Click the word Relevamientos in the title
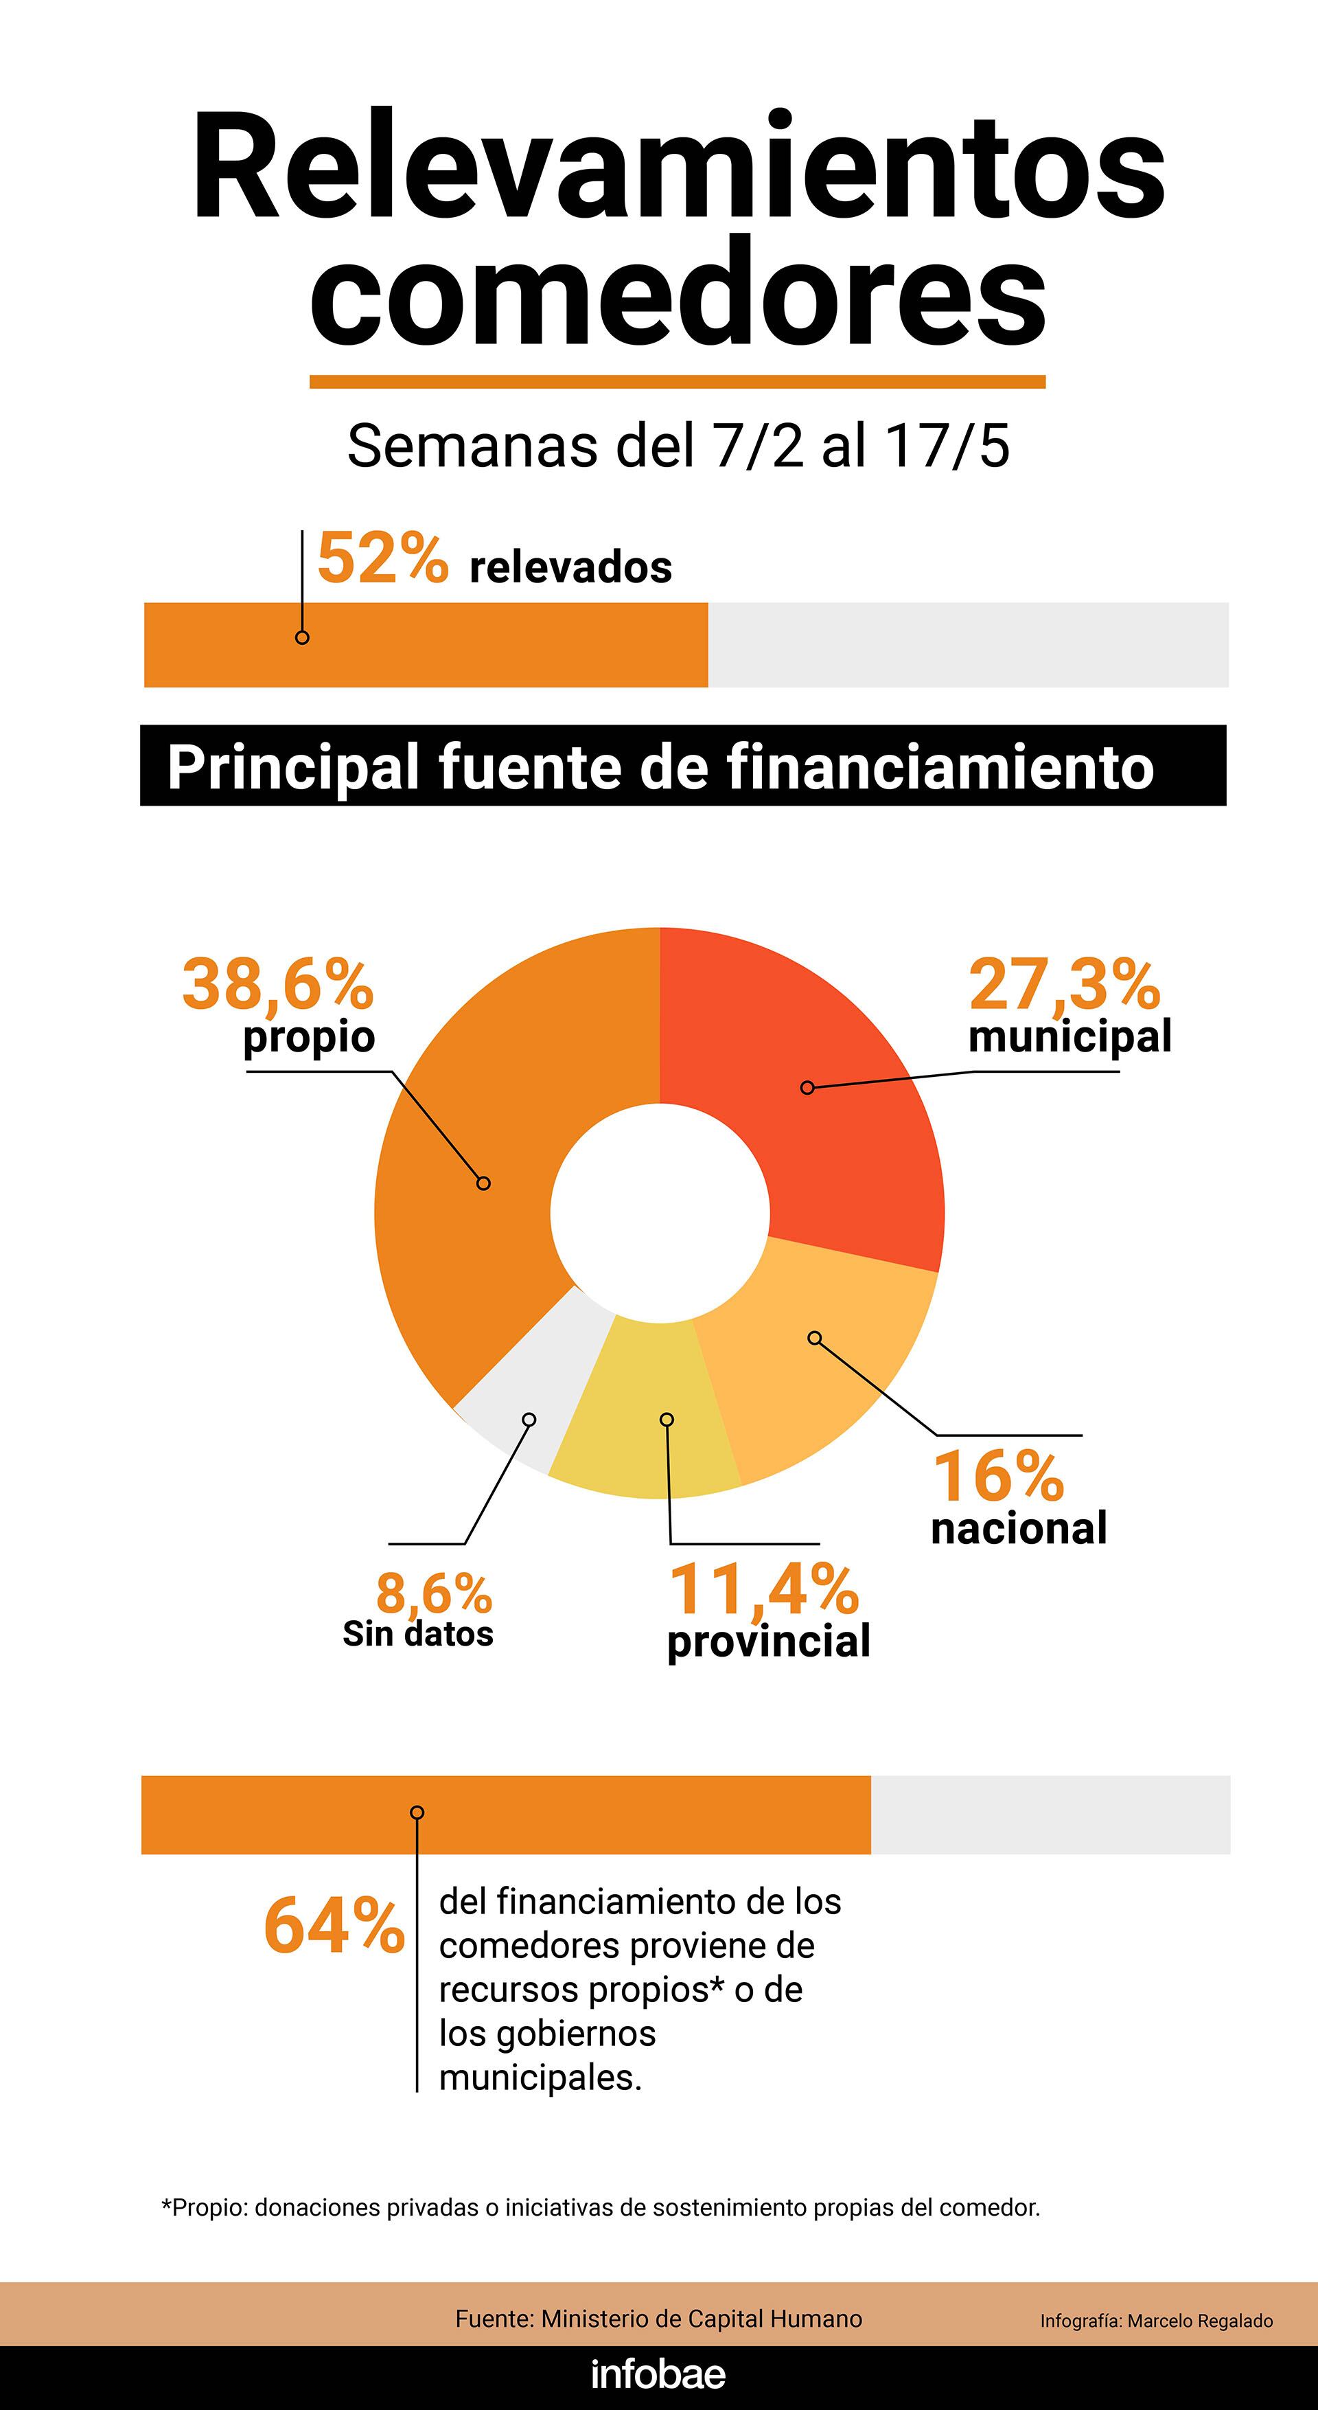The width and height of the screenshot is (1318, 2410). click(x=678, y=168)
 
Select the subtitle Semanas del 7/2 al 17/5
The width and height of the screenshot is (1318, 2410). click(x=678, y=446)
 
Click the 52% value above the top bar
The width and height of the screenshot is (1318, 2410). click(x=382, y=560)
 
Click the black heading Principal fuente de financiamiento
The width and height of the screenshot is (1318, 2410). click(x=660, y=767)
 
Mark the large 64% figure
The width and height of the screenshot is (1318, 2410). click(x=334, y=1925)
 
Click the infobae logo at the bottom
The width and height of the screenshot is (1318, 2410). click(x=658, y=2374)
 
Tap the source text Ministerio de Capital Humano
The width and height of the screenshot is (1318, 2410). click(x=658, y=2319)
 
